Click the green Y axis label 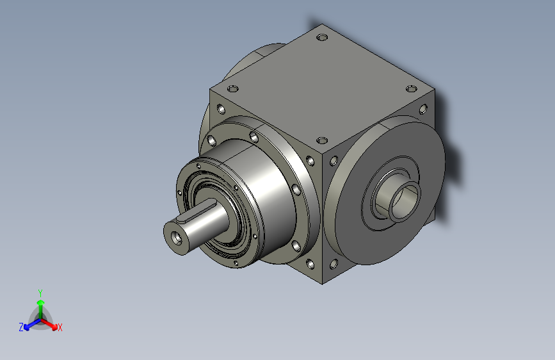40,293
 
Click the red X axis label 60,327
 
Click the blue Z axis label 21,327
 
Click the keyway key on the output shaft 197,211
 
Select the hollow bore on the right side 405,201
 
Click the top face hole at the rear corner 322,37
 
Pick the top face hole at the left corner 232,88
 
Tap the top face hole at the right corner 411,88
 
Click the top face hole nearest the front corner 322,141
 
